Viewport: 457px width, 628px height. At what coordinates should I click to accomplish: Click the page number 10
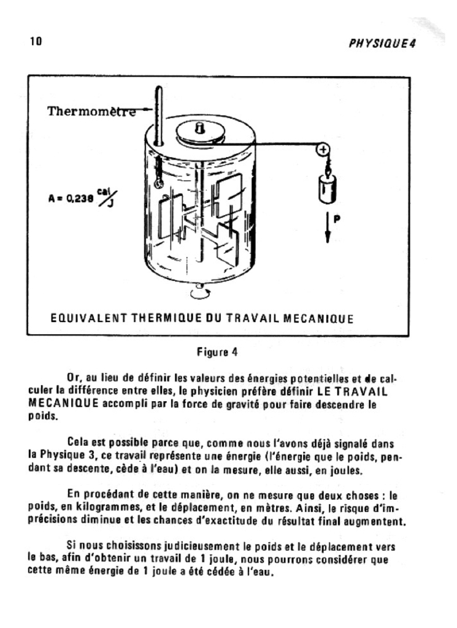point(35,42)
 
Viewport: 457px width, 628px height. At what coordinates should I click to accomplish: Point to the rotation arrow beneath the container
point(199,293)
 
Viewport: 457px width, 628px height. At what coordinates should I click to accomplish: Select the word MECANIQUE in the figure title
point(319,319)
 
